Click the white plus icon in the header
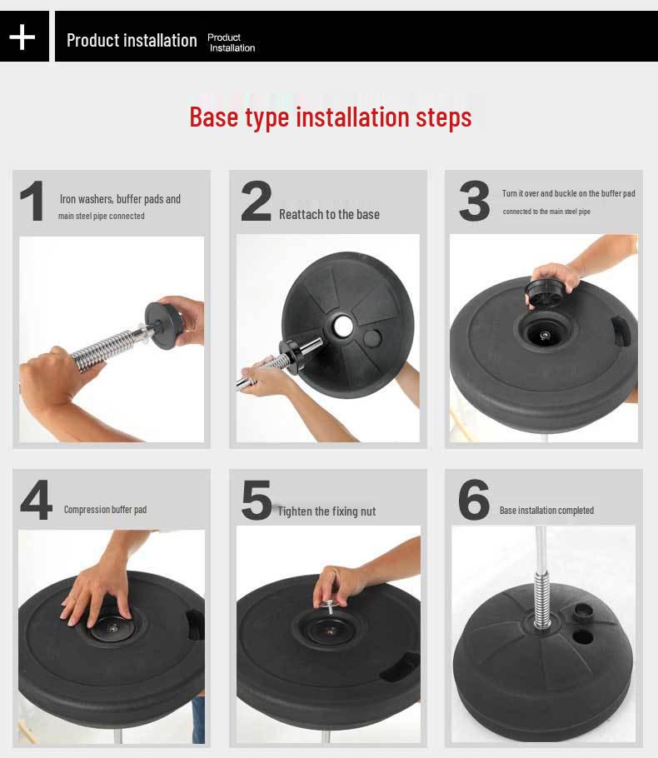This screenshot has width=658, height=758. [22, 37]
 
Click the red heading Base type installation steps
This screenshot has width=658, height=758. [330, 117]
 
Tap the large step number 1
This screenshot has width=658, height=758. [32, 201]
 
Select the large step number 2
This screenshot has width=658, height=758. [256, 201]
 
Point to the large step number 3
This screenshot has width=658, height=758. [474, 201]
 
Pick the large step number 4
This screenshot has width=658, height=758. [37, 500]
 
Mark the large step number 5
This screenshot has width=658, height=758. [257, 500]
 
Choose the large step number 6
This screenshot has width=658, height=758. [474, 500]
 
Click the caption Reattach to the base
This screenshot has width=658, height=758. [329, 215]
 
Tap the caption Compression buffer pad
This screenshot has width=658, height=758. [105, 510]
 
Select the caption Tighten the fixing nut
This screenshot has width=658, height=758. [327, 511]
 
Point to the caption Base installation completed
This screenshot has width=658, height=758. [546, 511]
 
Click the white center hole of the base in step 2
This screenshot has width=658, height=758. [343, 327]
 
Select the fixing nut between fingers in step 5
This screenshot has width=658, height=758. [331, 604]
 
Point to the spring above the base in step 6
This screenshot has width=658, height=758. [541, 600]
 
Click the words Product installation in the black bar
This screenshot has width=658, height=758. [132, 40]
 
